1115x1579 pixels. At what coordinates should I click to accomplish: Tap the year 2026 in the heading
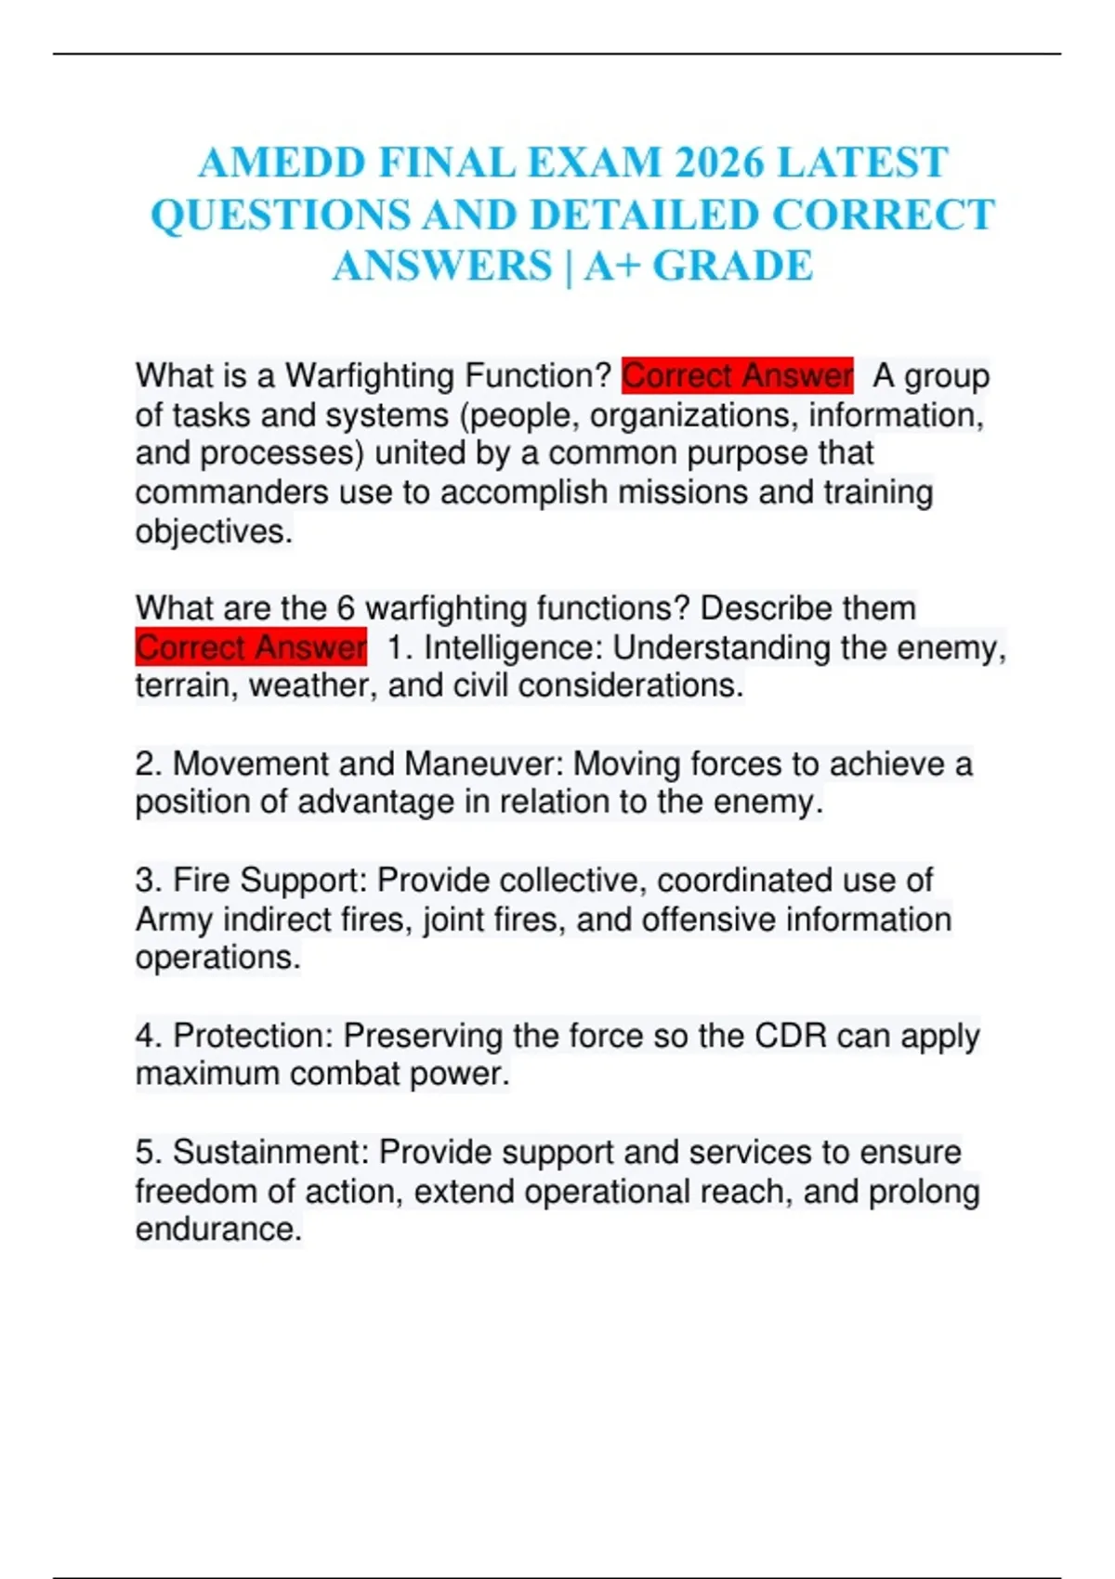[x=718, y=163]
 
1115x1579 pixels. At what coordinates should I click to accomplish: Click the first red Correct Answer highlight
[x=737, y=376]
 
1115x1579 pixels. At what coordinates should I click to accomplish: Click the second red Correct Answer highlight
[x=251, y=647]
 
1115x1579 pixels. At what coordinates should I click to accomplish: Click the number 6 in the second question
[x=346, y=608]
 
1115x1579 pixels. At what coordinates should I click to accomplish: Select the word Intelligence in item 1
[x=512, y=647]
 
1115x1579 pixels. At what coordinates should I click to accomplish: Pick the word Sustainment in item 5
[x=269, y=1152]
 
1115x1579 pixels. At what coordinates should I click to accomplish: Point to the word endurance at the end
[x=217, y=1229]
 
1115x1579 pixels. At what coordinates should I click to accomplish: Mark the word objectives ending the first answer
[x=213, y=532]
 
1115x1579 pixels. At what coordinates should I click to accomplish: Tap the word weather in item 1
[x=312, y=685]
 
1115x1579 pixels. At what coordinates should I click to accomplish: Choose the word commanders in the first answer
[x=231, y=492]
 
